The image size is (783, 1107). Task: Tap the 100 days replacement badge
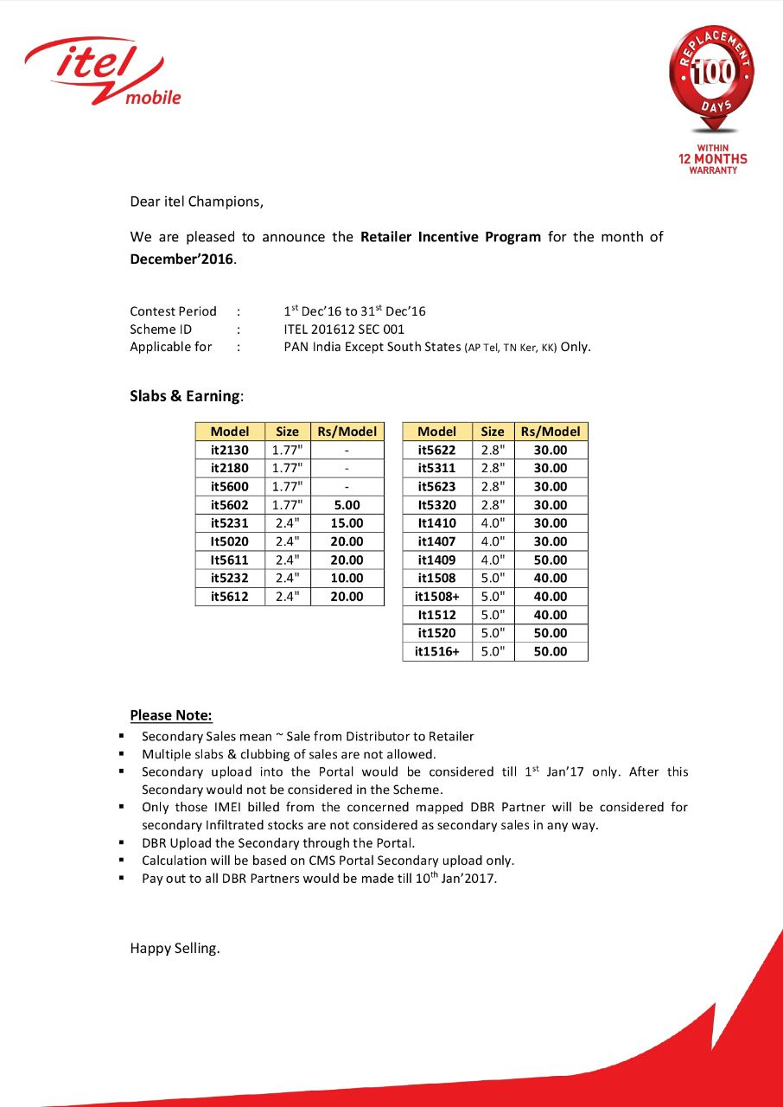pyautogui.click(x=710, y=78)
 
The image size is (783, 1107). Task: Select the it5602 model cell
pyautogui.click(x=229, y=505)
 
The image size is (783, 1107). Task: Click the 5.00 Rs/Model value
pyautogui.click(x=347, y=505)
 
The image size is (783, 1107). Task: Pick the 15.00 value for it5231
pyautogui.click(x=347, y=523)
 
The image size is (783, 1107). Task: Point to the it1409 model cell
pyautogui.click(x=436, y=560)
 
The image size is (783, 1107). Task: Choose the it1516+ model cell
pyautogui.click(x=436, y=651)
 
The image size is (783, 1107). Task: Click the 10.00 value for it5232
pyautogui.click(x=347, y=578)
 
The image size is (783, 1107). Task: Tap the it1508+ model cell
pyautogui.click(x=436, y=597)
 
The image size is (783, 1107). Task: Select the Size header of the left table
pyautogui.click(x=287, y=432)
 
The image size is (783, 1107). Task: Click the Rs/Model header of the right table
pyautogui.click(x=551, y=432)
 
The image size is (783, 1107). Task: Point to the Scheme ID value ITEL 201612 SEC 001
pyautogui.click(x=344, y=330)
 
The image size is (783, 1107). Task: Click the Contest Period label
pyautogui.click(x=173, y=311)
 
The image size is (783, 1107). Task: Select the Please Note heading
pyautogui.click(x=171, y=715)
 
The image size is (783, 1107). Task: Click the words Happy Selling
pyautogui.click(x=175, y=949)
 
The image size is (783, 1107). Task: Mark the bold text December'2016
pyautogui.click(x=181, y=259)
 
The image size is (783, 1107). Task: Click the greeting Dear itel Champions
pyautogui.click(x=196, y=202)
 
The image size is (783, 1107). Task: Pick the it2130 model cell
pyautogui.click(x=229, y=450)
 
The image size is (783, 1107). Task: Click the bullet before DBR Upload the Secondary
pyautogui.click(x=122, y=842)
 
